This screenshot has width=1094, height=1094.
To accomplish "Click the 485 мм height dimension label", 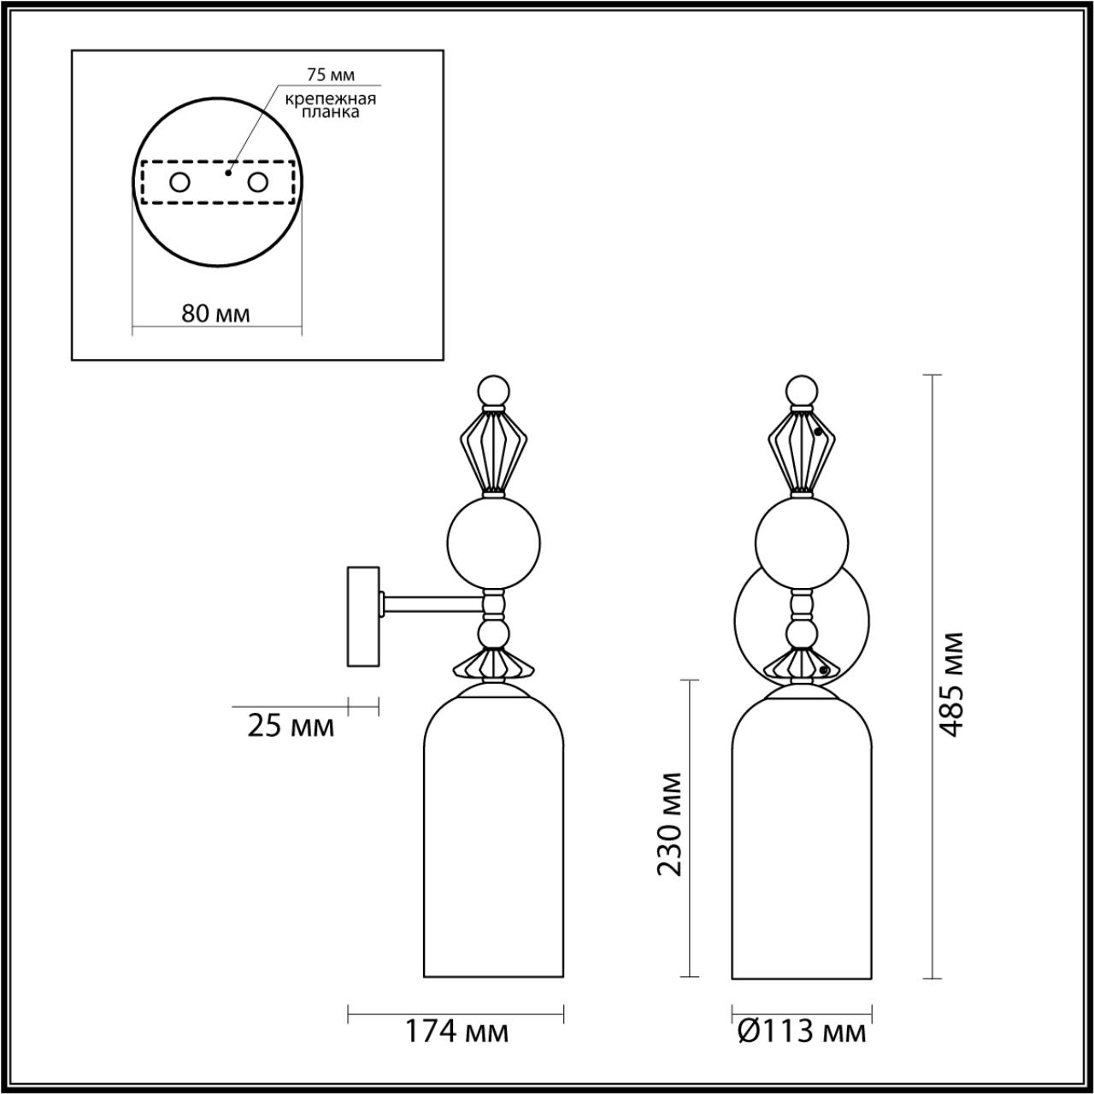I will (952, 684).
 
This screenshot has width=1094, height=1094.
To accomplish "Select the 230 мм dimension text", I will (671, 824).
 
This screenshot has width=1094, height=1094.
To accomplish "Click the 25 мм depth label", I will (291, 726).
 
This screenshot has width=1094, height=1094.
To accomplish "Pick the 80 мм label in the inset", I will (216, 313).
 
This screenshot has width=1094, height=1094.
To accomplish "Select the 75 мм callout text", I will (330, 76).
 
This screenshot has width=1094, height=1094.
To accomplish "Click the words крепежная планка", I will (330, 105).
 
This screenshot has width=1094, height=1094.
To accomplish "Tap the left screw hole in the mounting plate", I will (179, 182).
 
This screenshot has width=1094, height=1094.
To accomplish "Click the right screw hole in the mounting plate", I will (256, 182).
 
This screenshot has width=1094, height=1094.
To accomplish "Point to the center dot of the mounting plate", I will (227, 172).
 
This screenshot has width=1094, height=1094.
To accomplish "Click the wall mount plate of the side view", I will (362, 616).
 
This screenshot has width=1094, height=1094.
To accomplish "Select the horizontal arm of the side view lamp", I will (432, 605).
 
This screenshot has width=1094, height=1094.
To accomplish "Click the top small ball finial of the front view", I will (802, 391).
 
